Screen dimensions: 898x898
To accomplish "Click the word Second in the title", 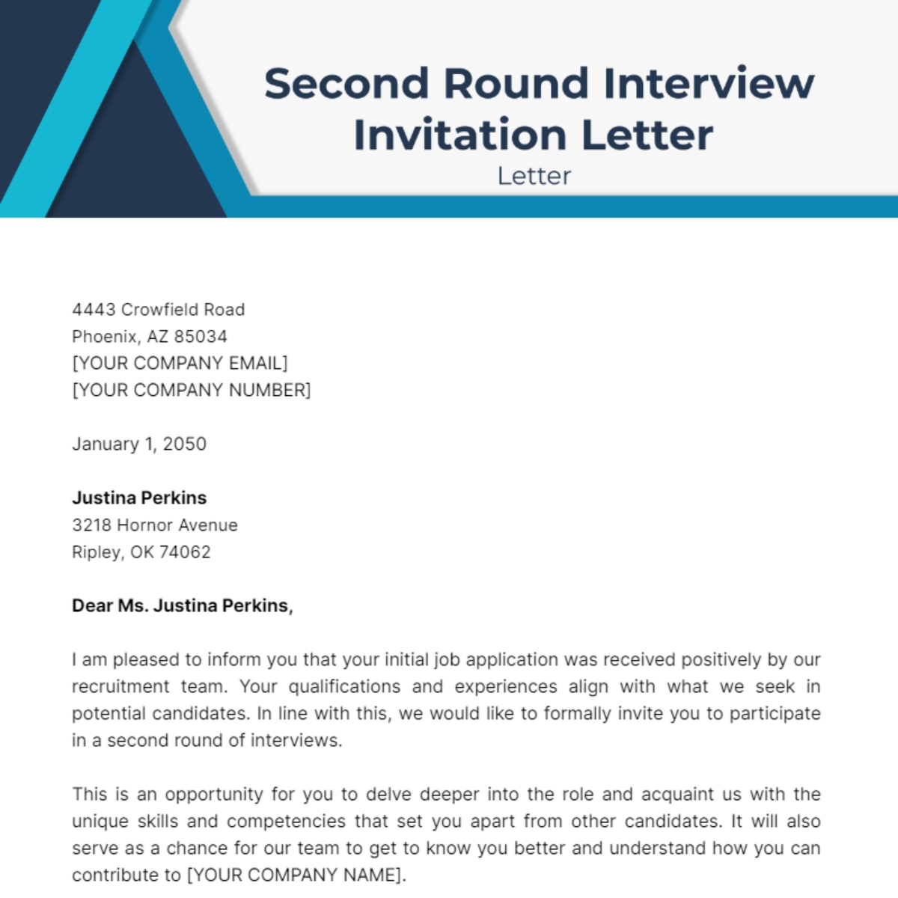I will pyautogui.click(x=346, y=82).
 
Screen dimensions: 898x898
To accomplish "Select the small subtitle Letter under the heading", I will pyautogui.click(x=534, y=176).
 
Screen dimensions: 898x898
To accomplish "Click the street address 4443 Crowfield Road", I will pyautogui.click(x=158, y=310).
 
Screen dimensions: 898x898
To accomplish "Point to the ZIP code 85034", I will pyautogui.click(x=201, y=337).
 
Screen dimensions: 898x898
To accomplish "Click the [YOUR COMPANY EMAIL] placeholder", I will pyautogui.click(x=180, y=364).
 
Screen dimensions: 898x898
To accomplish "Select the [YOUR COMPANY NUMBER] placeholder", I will pyautogui.click(x=191, y=391).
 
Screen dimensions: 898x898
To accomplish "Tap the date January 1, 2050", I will pyautogui.click(x=139, y=444).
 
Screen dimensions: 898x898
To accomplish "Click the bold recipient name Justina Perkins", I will pyautogui.click(x=139, y=498).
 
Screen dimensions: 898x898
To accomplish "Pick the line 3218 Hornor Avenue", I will pyautogui.click(x=155, y=525).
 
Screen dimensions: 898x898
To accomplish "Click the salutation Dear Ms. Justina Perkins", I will pyautogui.click(x=182, y=605).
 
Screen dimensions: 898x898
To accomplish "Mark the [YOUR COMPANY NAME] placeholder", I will pyautogui.click(x=296, y=876).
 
